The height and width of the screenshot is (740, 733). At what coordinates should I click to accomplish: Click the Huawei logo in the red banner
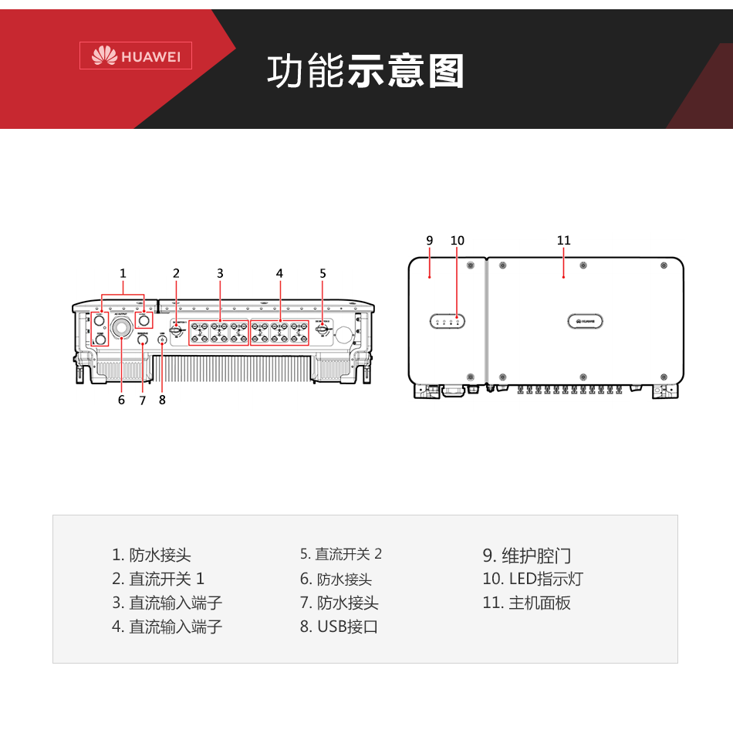(136, 56)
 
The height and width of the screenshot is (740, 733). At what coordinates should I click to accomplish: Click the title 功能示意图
(366, 72)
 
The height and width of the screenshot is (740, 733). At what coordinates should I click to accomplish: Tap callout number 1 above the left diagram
(123, 273)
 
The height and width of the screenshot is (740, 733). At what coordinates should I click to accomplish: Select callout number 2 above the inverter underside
(176, 273)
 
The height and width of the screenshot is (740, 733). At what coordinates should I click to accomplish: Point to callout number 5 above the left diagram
(323, 273)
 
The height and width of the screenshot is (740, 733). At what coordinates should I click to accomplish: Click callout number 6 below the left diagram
(121, 400)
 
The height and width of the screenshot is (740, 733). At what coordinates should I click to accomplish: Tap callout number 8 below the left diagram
(162, 400)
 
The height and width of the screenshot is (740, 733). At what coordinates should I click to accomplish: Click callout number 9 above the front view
(430, 241)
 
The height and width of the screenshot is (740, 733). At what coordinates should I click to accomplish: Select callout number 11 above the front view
(563, 241)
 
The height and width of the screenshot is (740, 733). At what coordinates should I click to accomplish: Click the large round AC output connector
(121, 328)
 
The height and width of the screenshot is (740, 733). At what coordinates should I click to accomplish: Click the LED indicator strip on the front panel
(448, 321)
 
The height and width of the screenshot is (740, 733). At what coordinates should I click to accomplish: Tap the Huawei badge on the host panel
(585, 321)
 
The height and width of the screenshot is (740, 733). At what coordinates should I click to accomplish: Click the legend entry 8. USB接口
(339, 627)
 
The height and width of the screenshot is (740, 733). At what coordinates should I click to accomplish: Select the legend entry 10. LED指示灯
(532, 579)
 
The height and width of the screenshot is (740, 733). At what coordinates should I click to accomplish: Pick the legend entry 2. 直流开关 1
(158, 579)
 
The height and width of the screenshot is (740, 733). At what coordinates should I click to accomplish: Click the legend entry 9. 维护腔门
(527, 556)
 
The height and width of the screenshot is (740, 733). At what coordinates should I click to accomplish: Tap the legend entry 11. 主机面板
(526, 603)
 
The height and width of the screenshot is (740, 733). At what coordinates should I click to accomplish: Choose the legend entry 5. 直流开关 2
(341, 554)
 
